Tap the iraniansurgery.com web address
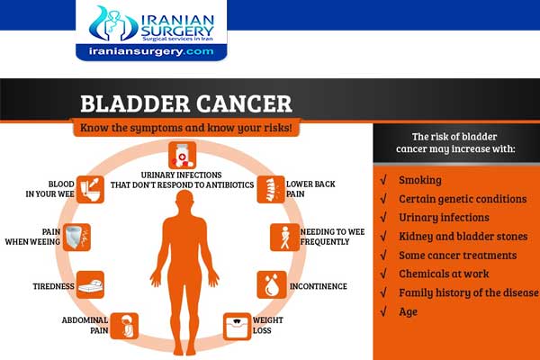[151, 52]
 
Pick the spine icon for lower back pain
[269, 188]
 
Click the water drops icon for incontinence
[271, 285]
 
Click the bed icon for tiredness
[90, 285]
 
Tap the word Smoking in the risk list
[419, 179]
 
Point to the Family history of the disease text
[468, 292]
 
